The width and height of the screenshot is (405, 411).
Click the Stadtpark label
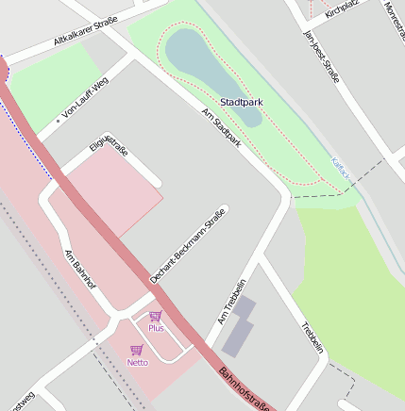(242, 101)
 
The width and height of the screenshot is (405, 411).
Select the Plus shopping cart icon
(156, 316)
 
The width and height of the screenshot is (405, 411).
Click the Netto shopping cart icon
(137, 350)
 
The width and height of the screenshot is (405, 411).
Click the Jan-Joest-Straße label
(320, 56)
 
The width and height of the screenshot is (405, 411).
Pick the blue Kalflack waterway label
(341, 169)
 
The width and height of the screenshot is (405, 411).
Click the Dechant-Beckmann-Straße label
(189, 244)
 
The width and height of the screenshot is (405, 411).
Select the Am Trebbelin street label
(232, 302)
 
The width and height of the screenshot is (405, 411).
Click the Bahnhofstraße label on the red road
(245, 389)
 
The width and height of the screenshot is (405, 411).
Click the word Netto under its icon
(138, 362)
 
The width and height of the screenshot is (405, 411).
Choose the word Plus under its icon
(156, 328)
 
